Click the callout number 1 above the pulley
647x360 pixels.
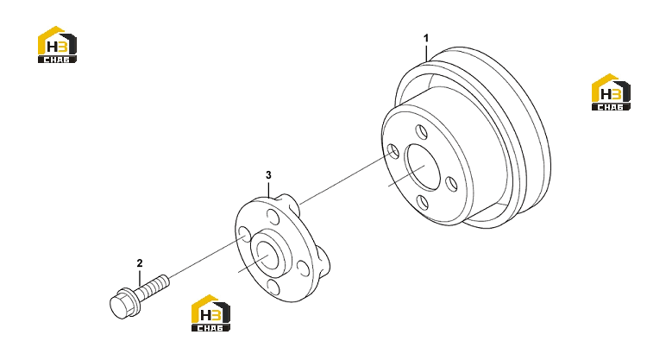426,38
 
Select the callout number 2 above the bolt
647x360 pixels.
140,263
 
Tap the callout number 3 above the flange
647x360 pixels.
268,175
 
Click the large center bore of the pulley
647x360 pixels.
422,167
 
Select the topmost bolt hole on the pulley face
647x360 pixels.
422,132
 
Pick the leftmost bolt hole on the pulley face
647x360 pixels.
393,152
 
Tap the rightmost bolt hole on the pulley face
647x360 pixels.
452,184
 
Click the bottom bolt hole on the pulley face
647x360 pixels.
423,204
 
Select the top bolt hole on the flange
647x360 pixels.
273,216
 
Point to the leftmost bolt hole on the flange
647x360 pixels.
245,234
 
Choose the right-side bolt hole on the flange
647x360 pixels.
304,268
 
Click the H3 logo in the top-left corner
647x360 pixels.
57,45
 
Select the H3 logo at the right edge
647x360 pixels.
611,92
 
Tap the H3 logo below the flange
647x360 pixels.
210,313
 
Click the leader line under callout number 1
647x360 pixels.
426,54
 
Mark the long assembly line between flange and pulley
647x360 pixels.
346,179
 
